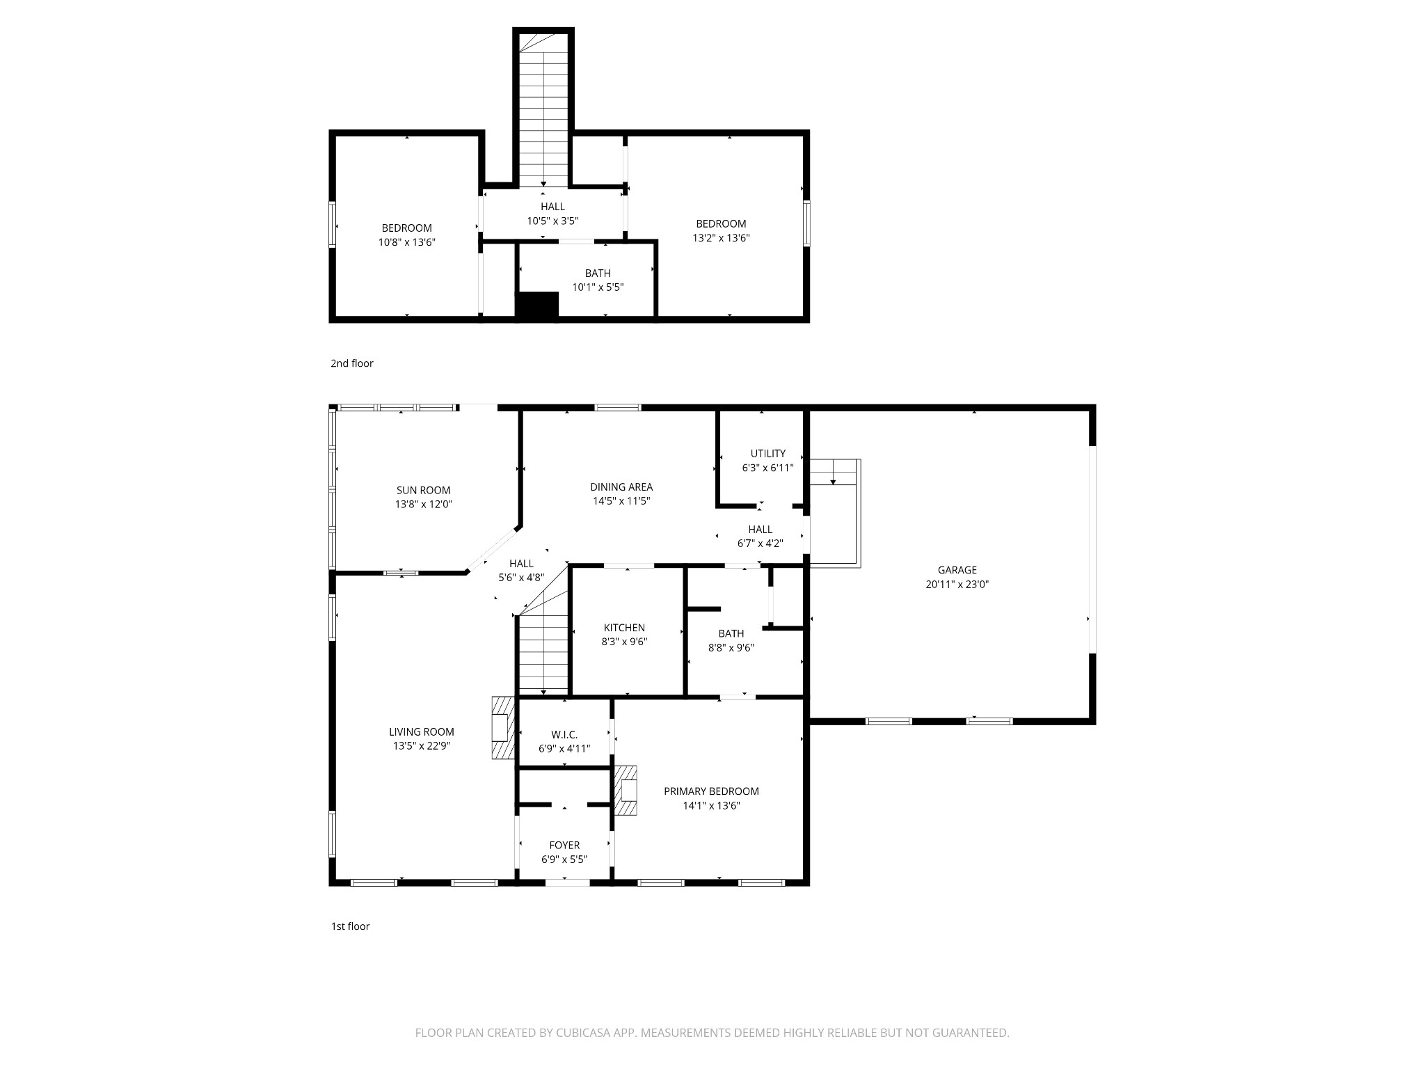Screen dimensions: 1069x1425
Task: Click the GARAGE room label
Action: point(957,570)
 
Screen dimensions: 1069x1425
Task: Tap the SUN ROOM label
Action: point(423,490)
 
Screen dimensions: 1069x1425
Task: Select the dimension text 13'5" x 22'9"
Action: point(422,746)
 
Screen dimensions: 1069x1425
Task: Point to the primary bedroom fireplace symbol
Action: point(626,791)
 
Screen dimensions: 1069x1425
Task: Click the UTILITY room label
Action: point(767,453)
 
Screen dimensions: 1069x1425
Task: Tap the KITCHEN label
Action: point(624,628)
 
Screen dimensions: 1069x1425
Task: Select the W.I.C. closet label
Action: point(564,735)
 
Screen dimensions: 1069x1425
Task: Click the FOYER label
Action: point(564,846)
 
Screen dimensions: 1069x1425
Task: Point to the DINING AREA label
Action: point(621,487)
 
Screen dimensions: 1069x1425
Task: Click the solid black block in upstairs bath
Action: point(537,305)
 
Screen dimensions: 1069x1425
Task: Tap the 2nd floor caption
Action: point(351,363)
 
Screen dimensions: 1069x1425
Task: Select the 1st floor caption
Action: point(350,926)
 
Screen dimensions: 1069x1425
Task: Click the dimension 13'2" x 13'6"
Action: point(721,238)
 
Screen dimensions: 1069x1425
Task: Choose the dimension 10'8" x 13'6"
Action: point(406,242)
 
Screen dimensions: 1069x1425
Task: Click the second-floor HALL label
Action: point(552,207)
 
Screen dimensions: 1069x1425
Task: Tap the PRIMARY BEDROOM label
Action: point(710,791)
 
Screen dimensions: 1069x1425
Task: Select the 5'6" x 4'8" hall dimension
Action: point(520,578)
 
